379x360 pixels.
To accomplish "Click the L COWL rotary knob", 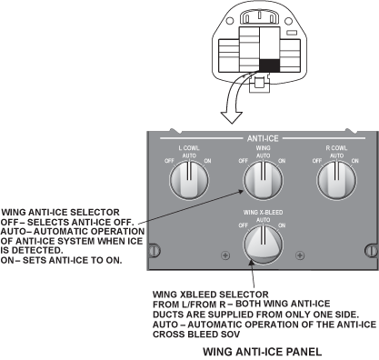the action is click(x=189, y=180).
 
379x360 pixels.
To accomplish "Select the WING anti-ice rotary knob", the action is click(x=264, y=180).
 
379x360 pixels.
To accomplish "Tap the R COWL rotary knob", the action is click(x=336, y=180).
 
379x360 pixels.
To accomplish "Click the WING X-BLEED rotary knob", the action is click(x=264, y=245).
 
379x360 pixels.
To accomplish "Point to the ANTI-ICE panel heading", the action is click(x=263, y=138).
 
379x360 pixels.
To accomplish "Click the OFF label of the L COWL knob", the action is click(x=169, y=161).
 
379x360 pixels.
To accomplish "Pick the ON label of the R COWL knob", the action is click(x=355, y=161).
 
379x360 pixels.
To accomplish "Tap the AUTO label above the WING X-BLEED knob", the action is click(x=264, y=220).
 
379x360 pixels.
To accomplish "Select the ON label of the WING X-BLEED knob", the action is click(x=282, y=225).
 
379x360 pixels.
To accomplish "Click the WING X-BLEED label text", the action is click(x=263, y=213).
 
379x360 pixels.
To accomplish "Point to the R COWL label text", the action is click(x=336, y=148).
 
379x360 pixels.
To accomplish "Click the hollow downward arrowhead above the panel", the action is click(x=232, y=117).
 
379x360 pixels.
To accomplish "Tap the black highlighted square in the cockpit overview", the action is click(x=269, y=65).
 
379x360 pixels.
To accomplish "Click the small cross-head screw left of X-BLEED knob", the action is click(x=225, y=255).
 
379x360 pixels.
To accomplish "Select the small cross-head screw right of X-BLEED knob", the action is click(x=300, y=255).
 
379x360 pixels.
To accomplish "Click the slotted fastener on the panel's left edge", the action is click(x=155, y=251).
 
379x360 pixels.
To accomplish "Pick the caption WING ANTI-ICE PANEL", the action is click(x=263, y=352).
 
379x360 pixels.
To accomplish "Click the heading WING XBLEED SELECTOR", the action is click(x=211, y=295).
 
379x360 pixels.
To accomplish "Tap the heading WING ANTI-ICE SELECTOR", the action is click(x=61, y=212).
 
